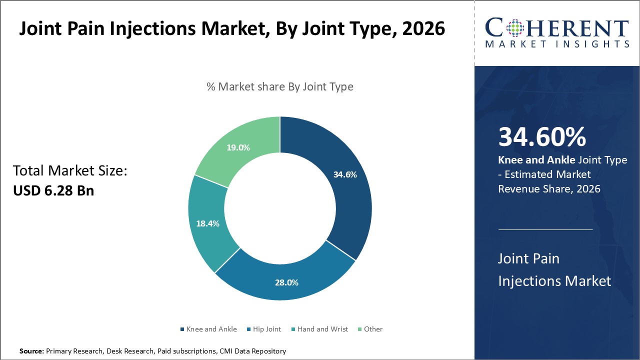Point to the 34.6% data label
point(345,174)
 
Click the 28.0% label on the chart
point(287,282)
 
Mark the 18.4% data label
point(207,223)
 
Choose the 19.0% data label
point(238,147)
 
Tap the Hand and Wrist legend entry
point(322,329)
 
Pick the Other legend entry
point(373,329)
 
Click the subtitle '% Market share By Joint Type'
point(280,86)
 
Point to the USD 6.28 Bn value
point(53,190)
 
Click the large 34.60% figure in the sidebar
point(542,137)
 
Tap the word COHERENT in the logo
point(557,28)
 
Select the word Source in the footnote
point(31,351)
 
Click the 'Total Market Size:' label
point(70,171)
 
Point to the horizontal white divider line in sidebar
point(545,229)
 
